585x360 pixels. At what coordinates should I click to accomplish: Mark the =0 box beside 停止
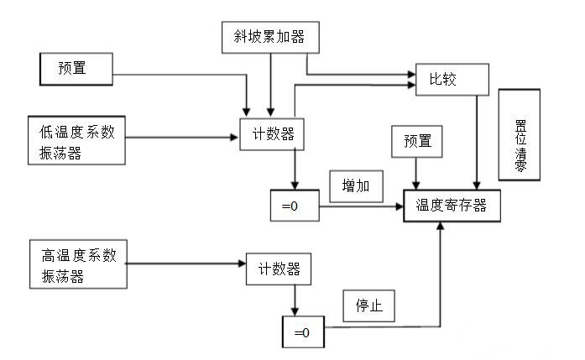click(301, 332)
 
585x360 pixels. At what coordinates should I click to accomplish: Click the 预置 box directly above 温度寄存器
click(417, 143)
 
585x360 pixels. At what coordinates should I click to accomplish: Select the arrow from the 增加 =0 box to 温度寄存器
click(361, 206)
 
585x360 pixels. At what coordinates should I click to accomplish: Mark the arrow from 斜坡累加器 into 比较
click(361, 73)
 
